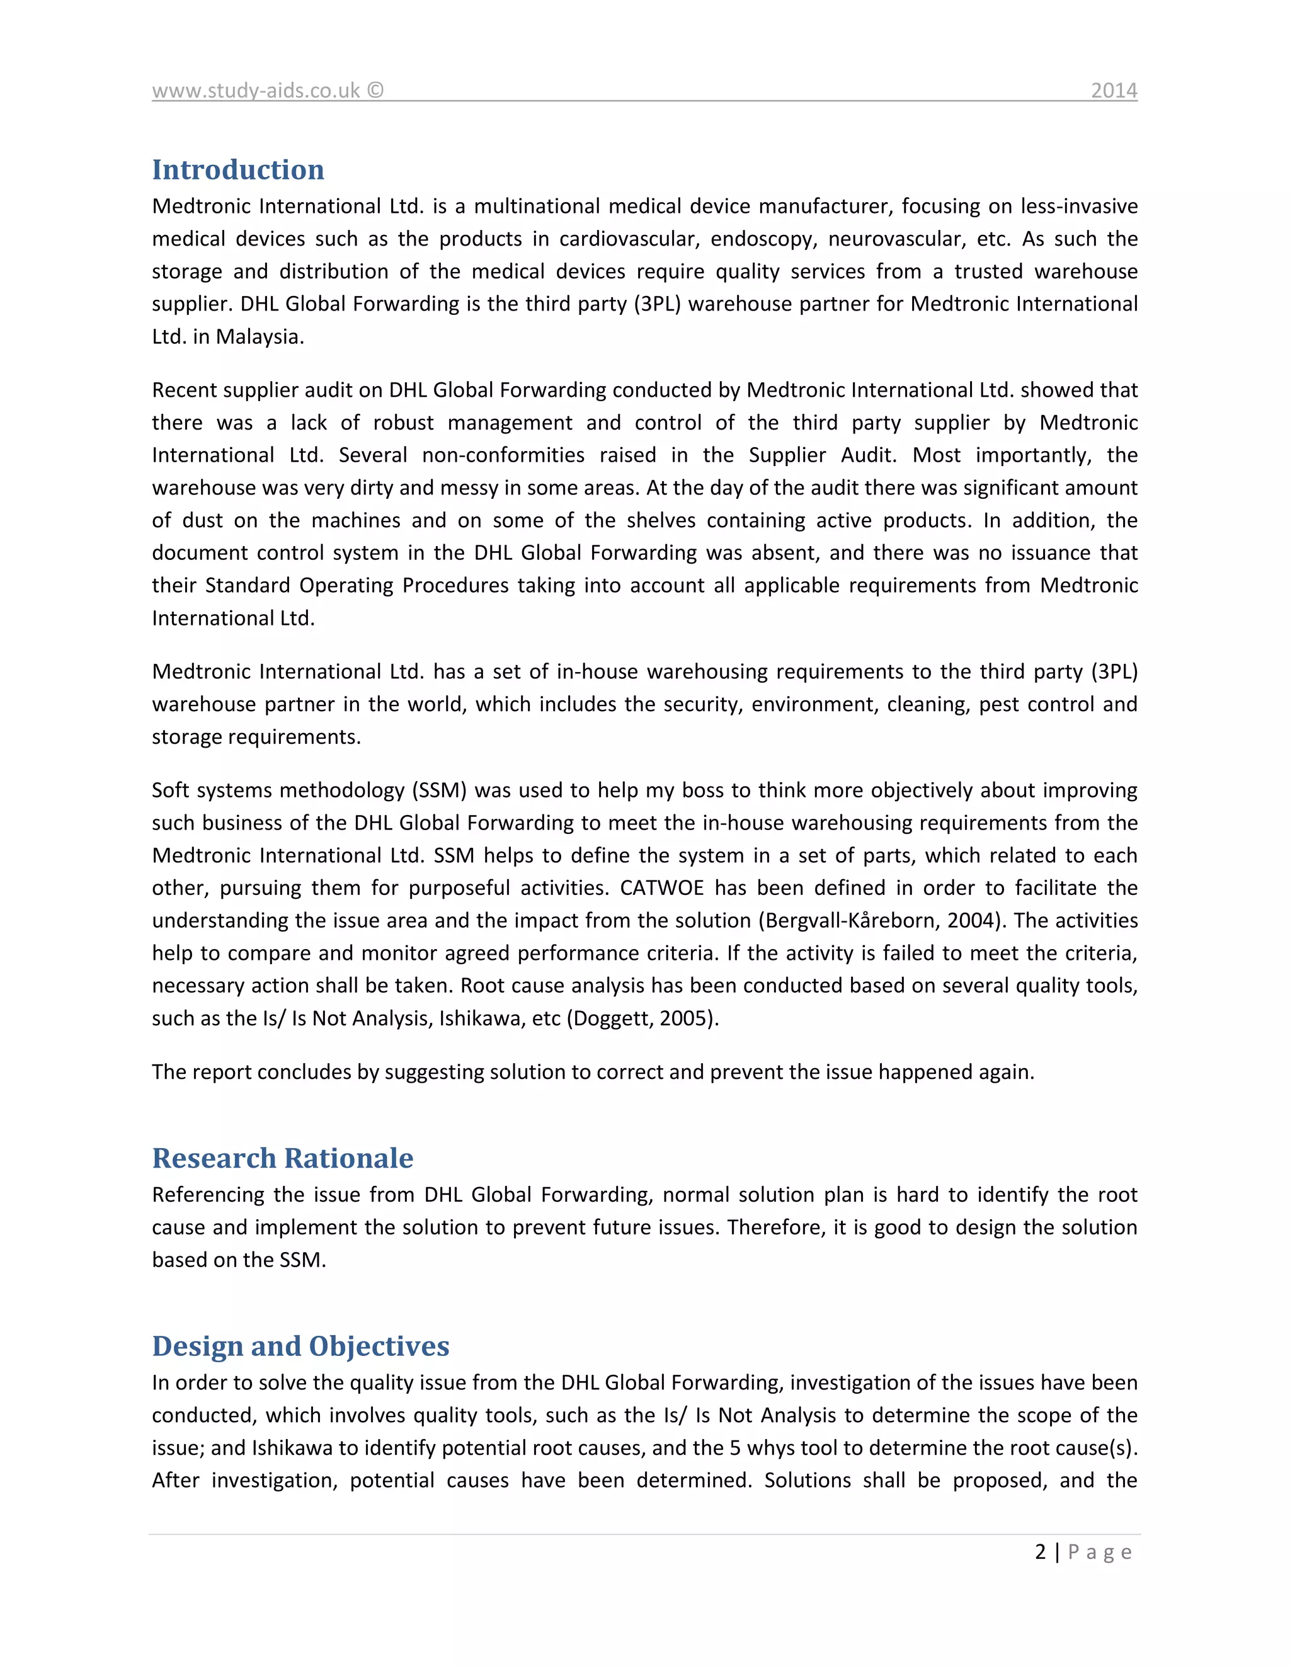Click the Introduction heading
tap(237, 169)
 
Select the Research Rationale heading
tap(282, 1158)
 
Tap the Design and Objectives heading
tap(300, 1346)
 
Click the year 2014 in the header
tap(1114, 90)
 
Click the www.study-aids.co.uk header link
tap(255, 90)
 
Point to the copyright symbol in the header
tap(375, 90)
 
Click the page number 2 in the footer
tap(1040, 1552)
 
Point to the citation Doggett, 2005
tap(642, 1018)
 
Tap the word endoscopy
tap(763, 239)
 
